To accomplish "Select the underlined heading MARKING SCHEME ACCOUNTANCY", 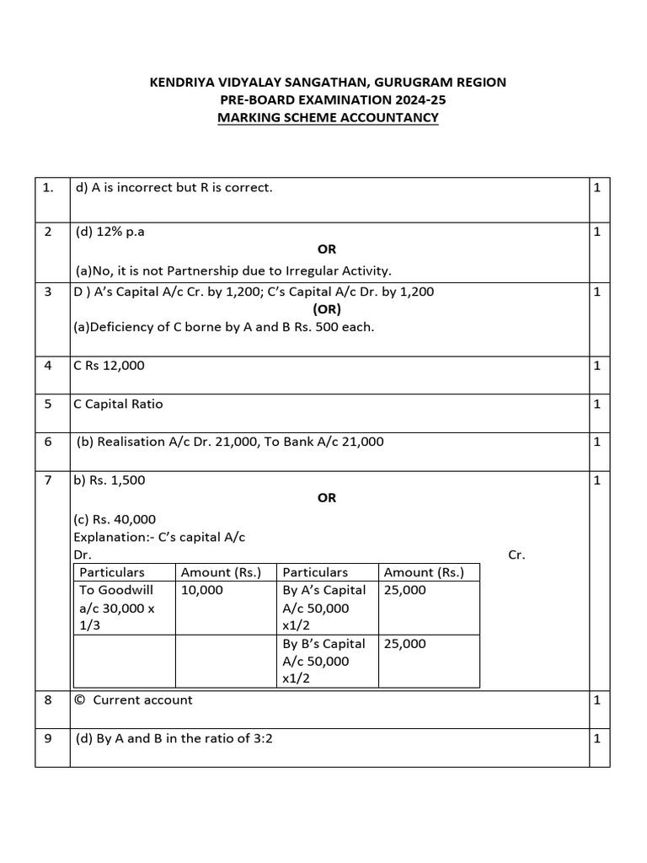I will click(x=328, y=117).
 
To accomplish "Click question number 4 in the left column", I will click(x=48, y=366).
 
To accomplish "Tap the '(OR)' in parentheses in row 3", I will click(x=327, y=309).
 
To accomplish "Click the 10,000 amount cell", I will click(x=202, y=590).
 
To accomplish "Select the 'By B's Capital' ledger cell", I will click(x=323, y=644).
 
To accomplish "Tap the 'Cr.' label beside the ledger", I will click(x=516, y=555).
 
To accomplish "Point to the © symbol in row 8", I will click(x=80, y=700).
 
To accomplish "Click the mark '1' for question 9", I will click(x=596, y=738).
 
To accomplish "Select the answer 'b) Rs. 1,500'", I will click(x=109, y=480).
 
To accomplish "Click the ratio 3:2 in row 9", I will click(x=263, y=739).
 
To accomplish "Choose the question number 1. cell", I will click(x=49, y=188).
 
